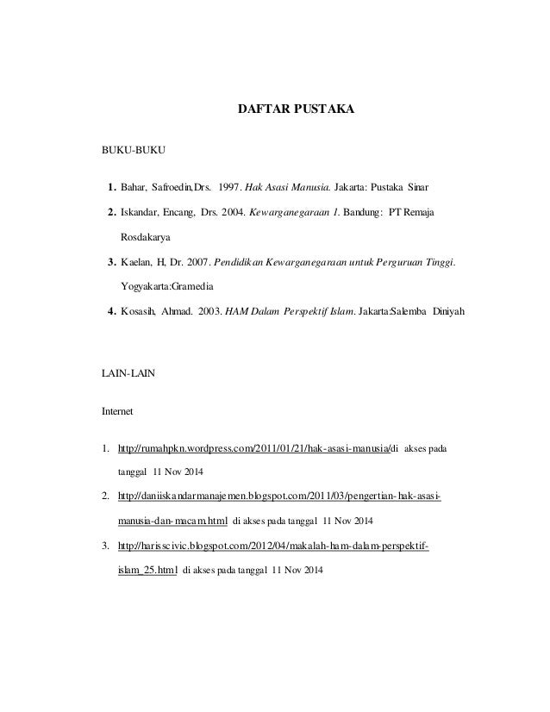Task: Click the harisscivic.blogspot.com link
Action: pos(274,546)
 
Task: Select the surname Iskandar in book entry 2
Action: pos(141,211)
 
